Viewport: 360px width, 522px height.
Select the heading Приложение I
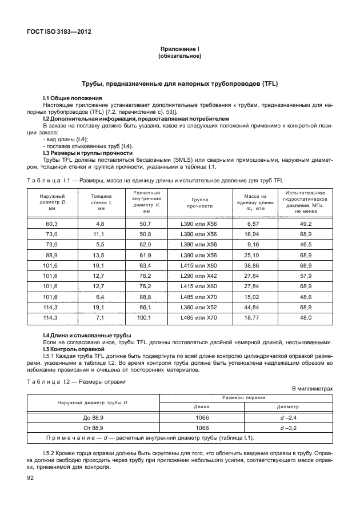(x=179, y=50)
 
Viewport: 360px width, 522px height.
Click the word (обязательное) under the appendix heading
(x=179, y=57)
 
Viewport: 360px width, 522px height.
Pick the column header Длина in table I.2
(x=201, y=407)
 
